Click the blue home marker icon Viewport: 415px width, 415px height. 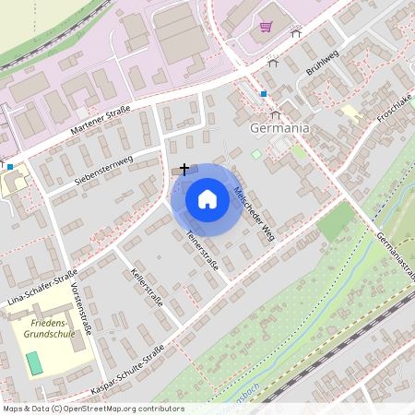click(x=207, y=198)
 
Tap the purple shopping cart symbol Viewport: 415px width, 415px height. click(x=267, y=27)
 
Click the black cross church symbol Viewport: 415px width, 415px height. click(x=185, y=169)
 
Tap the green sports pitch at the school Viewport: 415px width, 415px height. click(x=34, y=362)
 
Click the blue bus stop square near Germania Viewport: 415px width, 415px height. click(x=263, y=94)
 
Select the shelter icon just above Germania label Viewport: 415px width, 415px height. click(x=276, y=115)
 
